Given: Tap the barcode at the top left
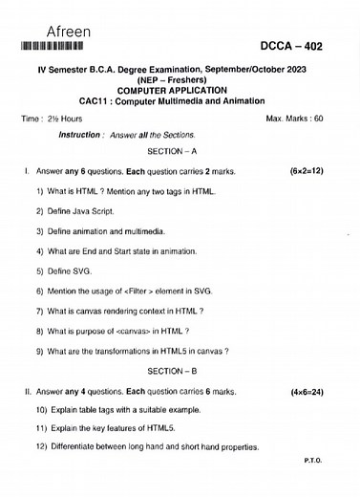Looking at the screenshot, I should (56, 46).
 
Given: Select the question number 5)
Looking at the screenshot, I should (40, 271).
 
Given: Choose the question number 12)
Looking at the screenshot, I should (42, 446).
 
